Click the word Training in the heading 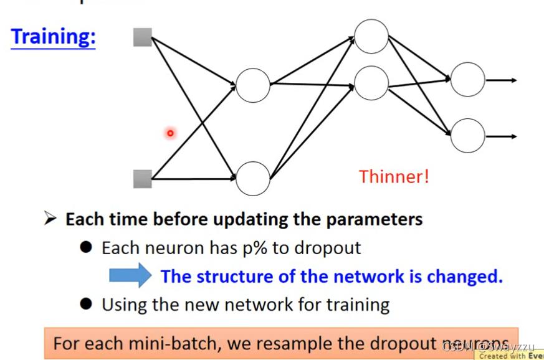coord(52,37)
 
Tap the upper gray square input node coord(143,37)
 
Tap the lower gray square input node coord(143,179)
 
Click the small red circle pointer coord(169,133)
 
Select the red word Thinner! coord(394,177)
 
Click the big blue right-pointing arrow coord(130,275)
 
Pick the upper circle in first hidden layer coord(253,85)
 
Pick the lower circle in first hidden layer coord(253,178)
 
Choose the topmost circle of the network coord(371,36)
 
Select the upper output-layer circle coord(467,80)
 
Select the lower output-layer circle coord(467,136)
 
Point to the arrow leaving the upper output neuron coord(501,80)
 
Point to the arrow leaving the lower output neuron coord(501,136)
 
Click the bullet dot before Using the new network coord(87,304)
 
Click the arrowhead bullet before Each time coord(50,219)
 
